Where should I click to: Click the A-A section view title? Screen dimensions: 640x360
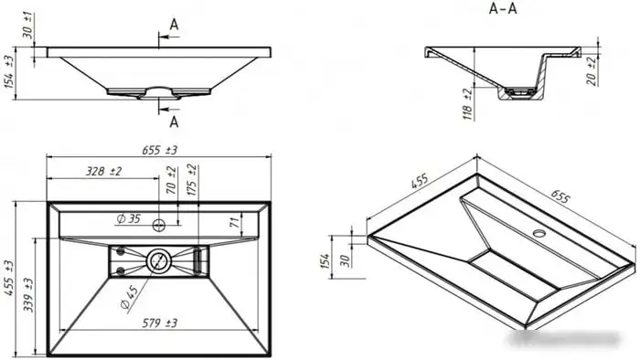click(503, 8)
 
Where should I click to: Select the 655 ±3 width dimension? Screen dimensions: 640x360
click(160, 151)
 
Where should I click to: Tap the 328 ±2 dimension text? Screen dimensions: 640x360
click(103, 171)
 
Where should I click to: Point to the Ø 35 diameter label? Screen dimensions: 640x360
click(128, 219)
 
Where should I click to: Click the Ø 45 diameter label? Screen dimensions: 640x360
click(130, 297)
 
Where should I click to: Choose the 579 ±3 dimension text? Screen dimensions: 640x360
click(160, 323)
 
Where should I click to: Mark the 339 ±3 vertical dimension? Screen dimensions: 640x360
click(28, 295)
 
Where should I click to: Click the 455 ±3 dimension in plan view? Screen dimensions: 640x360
click(8, 278)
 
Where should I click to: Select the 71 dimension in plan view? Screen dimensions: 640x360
click(234, 222)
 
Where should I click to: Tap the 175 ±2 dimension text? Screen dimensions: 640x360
click(191, 180)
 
